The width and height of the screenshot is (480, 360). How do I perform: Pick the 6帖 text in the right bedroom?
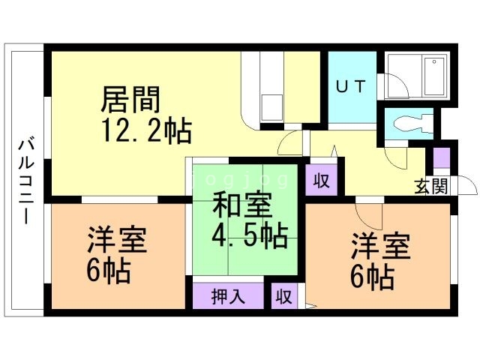click(372, 277)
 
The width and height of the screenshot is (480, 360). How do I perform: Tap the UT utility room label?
click(349, 86)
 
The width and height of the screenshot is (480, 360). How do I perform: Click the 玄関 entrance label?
click(430, 186)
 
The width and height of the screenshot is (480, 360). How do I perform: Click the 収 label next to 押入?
click(283, 295)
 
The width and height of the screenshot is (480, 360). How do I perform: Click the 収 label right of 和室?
click(321, 181)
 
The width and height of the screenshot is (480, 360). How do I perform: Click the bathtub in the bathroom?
click(435, 77)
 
